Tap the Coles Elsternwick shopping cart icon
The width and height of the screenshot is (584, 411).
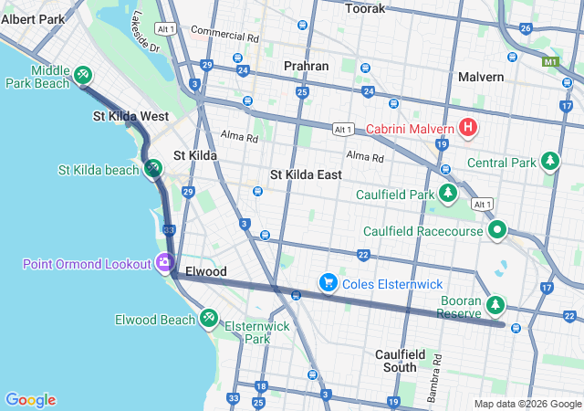pos(328,283)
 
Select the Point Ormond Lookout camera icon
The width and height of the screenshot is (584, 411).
pos(165,263)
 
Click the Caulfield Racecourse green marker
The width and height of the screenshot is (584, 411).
pos(497,230)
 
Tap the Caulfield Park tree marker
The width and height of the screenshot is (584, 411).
pos(448,194)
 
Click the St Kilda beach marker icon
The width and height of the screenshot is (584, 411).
pos(153,169)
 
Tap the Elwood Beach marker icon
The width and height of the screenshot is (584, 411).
pos(209,319)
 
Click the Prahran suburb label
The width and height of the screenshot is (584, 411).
pos(306,66)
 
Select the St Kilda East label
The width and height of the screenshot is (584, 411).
pos(306,174)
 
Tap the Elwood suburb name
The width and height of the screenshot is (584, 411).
pos(205,272)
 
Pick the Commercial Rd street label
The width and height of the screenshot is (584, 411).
pos(224,35)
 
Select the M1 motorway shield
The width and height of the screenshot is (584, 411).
pos(549,63)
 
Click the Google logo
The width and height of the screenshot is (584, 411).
pos(30,400)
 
